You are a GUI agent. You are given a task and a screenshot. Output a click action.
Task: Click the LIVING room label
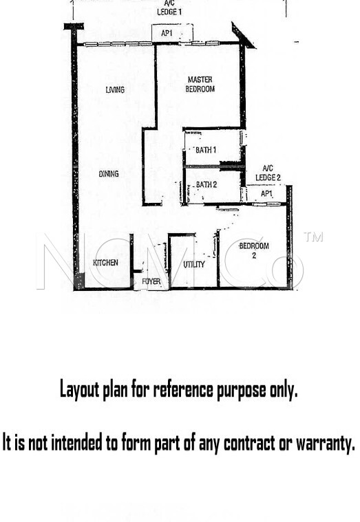pos(115,89)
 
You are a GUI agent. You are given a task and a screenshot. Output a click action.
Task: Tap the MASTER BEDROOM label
pos(200,84)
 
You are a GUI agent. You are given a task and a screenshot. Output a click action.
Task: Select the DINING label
pos(109,174)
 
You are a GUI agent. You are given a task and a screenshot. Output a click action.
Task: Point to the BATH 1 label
pos(206,150)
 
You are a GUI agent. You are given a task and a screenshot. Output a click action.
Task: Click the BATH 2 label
pos(207,184)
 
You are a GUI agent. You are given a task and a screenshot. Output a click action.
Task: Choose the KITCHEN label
pos(105,263)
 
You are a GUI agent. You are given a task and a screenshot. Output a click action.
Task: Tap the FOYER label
pos(151,281)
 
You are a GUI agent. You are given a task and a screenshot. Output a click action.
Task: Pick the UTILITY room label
pos(194,264)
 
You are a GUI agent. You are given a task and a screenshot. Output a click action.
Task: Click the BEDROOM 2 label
pos(254,250)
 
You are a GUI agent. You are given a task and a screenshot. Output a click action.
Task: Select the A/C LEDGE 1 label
pos(169,8)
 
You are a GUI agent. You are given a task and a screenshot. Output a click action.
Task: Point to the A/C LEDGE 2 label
pos(268,173)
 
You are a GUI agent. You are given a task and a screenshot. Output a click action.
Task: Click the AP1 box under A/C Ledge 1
pos(172,33)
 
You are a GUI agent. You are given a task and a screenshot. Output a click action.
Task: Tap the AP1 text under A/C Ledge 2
pos(266,193)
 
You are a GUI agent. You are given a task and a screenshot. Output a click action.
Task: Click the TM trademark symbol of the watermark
pos(313,237)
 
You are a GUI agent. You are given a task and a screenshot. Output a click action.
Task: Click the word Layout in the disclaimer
pos(79,389)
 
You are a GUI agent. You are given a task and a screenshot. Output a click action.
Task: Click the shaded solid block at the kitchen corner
pos(79,281)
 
